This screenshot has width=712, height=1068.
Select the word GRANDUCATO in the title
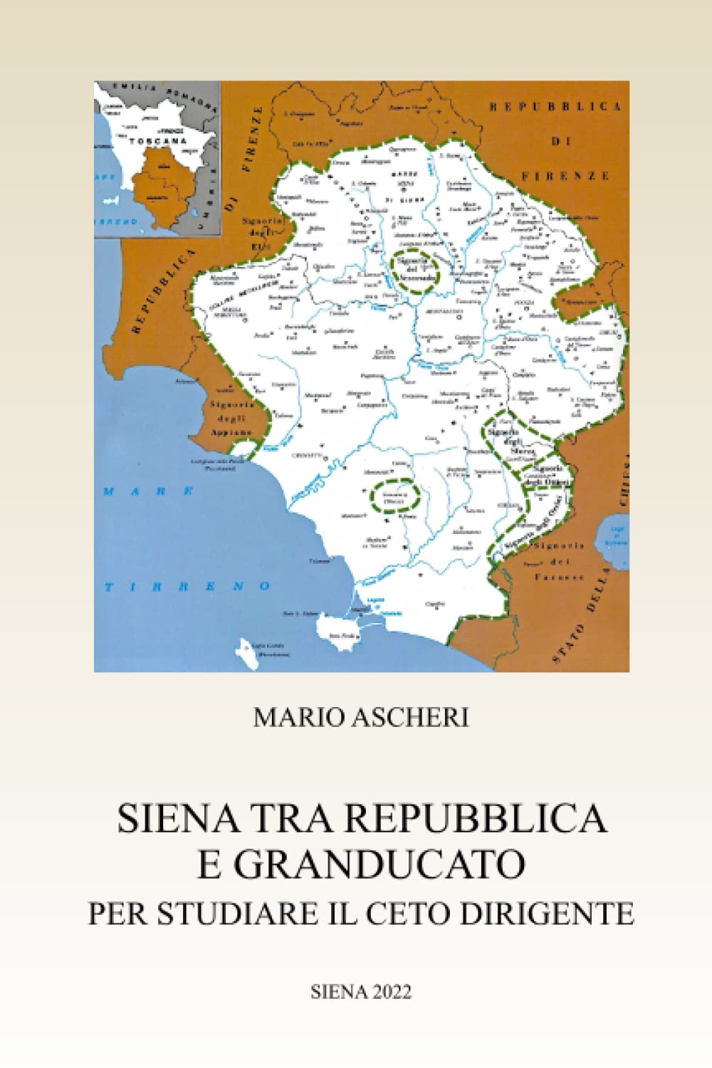tap(379, 864)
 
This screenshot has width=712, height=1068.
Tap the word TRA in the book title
tap(295, 818)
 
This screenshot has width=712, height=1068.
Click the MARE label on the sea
tap(148, 491)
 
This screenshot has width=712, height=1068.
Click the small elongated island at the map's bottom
tap(245, 650)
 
